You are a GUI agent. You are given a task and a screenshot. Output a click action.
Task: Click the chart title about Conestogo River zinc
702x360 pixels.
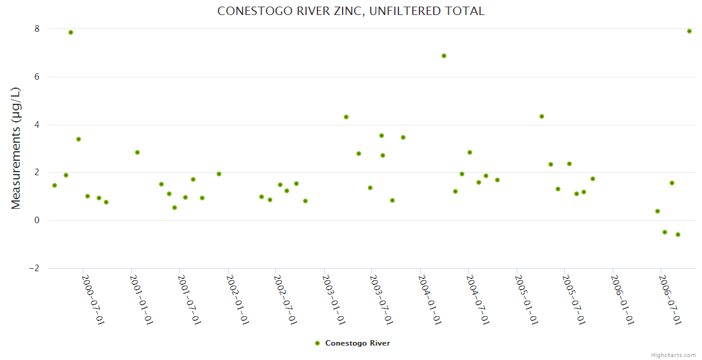pos(350,11)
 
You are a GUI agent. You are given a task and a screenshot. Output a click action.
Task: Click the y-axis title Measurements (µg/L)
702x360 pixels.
pos(16,148)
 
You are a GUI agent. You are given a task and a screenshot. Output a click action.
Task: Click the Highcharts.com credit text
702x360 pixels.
pos(673,355)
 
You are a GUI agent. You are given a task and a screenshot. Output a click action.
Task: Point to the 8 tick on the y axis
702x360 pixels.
pos(37,29)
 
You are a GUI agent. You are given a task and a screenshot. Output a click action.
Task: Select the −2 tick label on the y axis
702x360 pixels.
pos(34,268)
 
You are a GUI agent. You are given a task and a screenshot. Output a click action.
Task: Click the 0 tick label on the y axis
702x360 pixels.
pos(37,220)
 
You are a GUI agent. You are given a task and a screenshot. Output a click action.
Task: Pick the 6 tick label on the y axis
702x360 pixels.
pos(37,77)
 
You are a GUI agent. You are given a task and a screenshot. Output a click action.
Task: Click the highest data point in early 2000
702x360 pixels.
pos(71,32)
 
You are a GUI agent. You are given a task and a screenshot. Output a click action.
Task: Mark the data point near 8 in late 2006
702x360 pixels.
pos(689,31)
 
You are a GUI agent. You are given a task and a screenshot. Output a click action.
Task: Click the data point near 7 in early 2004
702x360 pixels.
pos(444,56)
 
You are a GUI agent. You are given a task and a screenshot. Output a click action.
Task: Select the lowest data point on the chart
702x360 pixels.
pos(678,235)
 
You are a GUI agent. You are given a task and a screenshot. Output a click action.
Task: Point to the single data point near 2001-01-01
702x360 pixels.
pos(137,152)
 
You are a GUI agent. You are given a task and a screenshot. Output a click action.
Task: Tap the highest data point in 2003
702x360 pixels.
pos(346,117)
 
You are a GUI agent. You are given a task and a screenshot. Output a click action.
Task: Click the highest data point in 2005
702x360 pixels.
pos(542,116)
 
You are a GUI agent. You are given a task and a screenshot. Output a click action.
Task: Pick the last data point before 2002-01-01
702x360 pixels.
pos(219,174)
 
